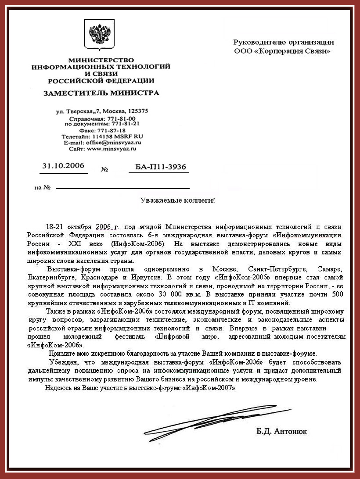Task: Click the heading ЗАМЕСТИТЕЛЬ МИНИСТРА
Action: click(101, 93)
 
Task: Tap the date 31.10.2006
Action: click(63, 166)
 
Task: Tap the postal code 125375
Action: click(137, 111)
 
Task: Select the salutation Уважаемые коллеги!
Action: click(177, 200)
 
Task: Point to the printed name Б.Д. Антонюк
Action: click(281, 432)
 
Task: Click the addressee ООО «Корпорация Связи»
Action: click(283, 51)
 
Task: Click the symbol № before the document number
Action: click(104, 169)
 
